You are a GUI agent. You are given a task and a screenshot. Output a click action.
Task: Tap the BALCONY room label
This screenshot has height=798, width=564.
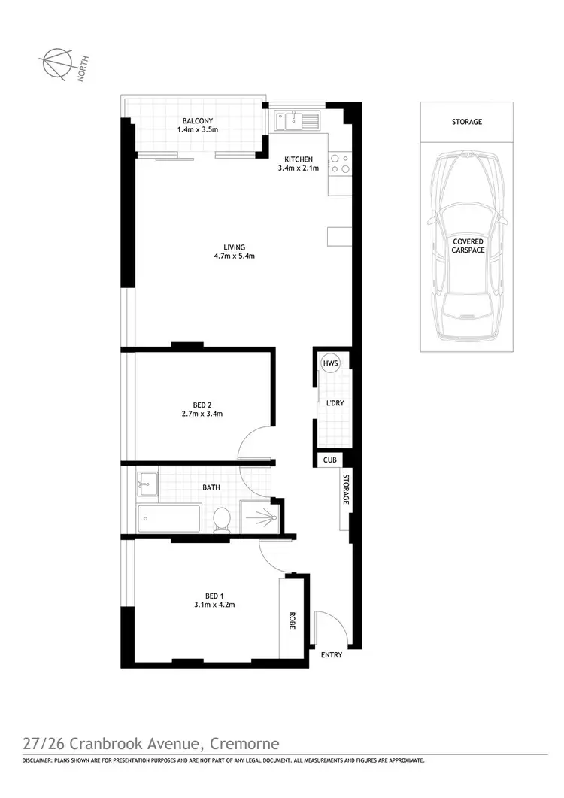(x=198, y=120)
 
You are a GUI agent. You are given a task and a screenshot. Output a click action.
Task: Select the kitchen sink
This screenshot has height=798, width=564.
(x=297, y=120)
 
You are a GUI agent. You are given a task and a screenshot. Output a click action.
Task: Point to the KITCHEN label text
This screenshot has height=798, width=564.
(x=298, y=159)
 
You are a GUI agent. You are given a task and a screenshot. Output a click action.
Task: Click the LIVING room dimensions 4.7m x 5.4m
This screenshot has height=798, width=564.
(x=235, y=256)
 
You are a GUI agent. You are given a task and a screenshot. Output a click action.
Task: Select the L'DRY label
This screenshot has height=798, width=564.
(x=335, y=403)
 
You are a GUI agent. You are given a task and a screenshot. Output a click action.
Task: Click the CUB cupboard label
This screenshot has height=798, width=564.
(x=329, y=460)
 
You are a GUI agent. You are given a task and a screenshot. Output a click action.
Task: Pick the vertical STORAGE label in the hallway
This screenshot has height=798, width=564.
(x=347, y=490)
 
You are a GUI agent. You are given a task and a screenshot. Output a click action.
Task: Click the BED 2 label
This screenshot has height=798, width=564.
(x=202, y=405)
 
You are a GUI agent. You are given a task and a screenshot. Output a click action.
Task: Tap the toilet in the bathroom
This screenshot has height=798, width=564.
(x=222, y=520)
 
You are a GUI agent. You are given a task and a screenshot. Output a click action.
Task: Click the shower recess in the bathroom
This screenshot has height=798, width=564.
(x=259, y=517)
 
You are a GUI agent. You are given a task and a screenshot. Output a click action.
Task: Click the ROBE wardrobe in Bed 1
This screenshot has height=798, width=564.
(x=291, y=619)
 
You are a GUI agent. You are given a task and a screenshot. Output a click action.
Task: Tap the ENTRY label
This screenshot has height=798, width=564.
(x=332, y=655)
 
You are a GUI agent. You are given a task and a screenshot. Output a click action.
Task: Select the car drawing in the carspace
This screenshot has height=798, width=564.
(x=466, y=244)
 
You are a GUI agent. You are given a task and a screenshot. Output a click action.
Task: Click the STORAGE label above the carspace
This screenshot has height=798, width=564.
(x=467, y=121)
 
